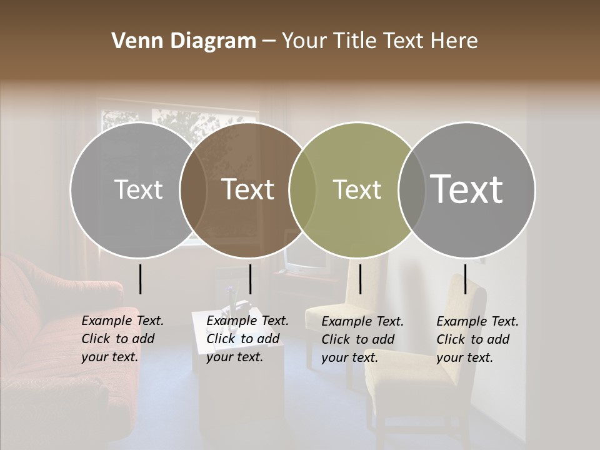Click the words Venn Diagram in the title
[184, 41]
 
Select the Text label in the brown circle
[248, 189]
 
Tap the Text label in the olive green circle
[357, 189]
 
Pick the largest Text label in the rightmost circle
[467, 189]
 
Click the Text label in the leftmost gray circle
[138, 189]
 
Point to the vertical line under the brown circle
[250, 279]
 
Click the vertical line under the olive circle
[360, 279]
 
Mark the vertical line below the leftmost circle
[140, 279]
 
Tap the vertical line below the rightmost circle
[465, 279]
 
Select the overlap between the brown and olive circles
[302, 189]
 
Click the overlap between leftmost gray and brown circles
[193, 189]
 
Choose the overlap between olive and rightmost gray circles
[412, 189]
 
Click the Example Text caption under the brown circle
[247, 338]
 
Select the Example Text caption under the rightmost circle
[477, 339]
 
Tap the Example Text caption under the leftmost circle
[122, 338]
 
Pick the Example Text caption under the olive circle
[362, 339]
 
